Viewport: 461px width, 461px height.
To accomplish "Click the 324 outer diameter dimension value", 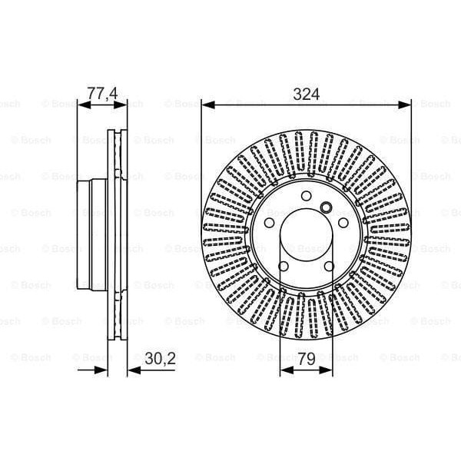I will coord(307,94).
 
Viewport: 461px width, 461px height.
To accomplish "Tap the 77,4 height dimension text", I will coord(101,94).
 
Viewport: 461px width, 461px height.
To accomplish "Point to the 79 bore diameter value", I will coord(307,358).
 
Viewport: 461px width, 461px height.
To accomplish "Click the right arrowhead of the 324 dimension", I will coord(406,104).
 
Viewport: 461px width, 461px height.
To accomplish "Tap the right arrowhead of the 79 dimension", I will coord(329,370).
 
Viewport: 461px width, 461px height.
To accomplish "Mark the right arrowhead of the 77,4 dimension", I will coord(120,104).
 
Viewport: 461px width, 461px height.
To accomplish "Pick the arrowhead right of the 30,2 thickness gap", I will coord(132,370).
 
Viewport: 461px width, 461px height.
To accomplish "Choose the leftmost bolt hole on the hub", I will coord(269,224).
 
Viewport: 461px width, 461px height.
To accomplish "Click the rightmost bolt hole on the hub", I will coord(344,224).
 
